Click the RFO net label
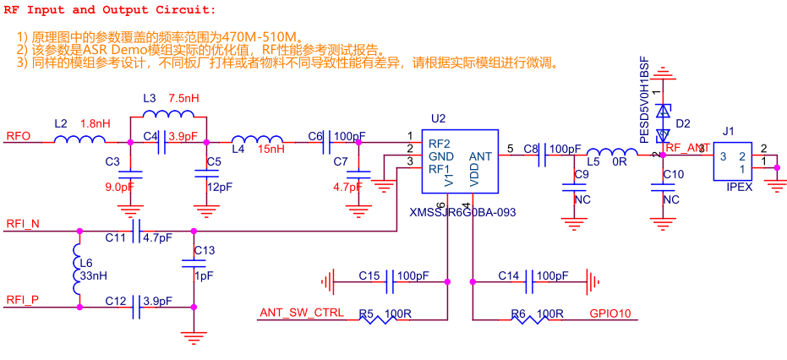(x=19, y=136)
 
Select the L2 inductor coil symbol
(x=79, y=139)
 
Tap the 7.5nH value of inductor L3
(x=183, y=98)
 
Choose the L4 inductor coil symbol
(x=256, y=139)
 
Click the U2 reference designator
(x=438, y=118)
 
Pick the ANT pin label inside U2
(x=480, y=156)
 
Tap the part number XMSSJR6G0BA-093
(x=462, y=212)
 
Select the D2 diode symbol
(x=664, y=123)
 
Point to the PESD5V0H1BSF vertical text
(x=645, y=101)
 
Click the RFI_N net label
(x=23, y=224)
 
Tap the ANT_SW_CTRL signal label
(x=302, y=313)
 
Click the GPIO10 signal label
(x=616, y=314)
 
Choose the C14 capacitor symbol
(x=528, y=281)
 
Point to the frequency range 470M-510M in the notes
(x=263, y=36)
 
